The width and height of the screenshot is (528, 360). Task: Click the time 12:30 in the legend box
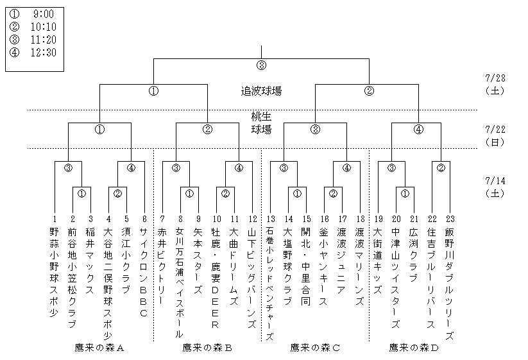tap(42, 52)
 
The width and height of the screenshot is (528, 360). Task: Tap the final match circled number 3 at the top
tap(261, 65)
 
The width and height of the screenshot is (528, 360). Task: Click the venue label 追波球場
tap(260, 91)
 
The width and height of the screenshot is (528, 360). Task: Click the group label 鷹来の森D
tap(414, 348)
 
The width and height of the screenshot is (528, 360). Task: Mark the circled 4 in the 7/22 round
tap(418, 129)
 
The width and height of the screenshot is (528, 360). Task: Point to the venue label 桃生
tap(260, 117)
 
